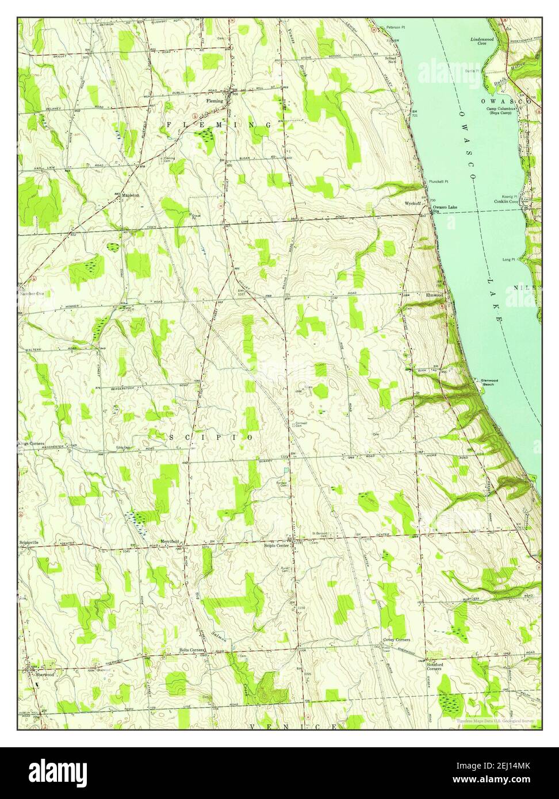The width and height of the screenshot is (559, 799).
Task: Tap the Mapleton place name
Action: tap(131, 195)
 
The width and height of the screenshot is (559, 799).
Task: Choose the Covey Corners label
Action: tap(396, 640)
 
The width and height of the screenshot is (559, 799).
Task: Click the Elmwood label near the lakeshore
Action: tap(434, 295)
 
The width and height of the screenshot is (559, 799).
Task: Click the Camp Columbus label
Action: tap(501, 110)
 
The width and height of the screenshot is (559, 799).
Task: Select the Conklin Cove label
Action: tap(506, 202)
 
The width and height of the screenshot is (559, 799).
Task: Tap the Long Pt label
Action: tap(508, 259)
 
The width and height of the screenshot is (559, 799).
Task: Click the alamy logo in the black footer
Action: tap(58, 771)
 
